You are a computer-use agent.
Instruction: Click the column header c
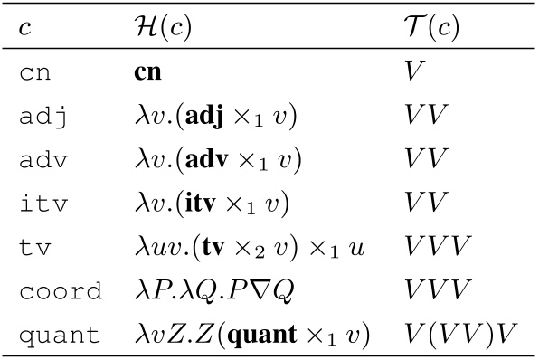24,29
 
